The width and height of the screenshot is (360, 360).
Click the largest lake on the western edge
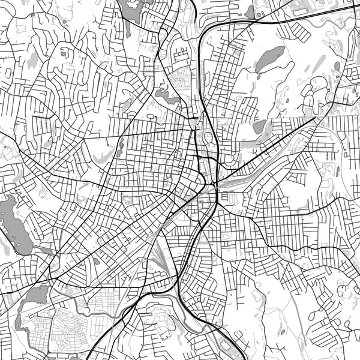click(13, 225)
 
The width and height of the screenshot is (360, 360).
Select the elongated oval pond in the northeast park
click(271, 59)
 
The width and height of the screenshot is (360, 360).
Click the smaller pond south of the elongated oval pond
click(260, 127)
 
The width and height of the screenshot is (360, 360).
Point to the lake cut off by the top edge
click(137, 7)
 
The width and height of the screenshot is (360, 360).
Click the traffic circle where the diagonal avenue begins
click(214, 181)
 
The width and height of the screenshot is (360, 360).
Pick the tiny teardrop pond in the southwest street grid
click(96, 261)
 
